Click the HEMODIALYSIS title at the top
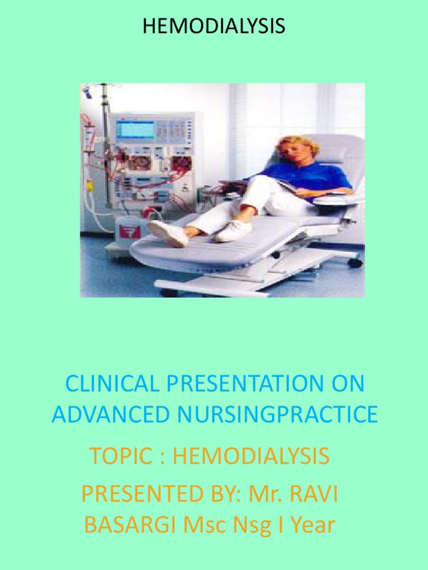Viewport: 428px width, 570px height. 214,26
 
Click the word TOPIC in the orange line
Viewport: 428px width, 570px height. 121,456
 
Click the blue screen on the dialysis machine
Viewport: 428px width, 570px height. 134,129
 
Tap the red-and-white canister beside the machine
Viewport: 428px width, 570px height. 129,230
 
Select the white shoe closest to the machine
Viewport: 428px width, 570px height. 167,233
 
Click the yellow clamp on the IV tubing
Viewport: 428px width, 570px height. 89,185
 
